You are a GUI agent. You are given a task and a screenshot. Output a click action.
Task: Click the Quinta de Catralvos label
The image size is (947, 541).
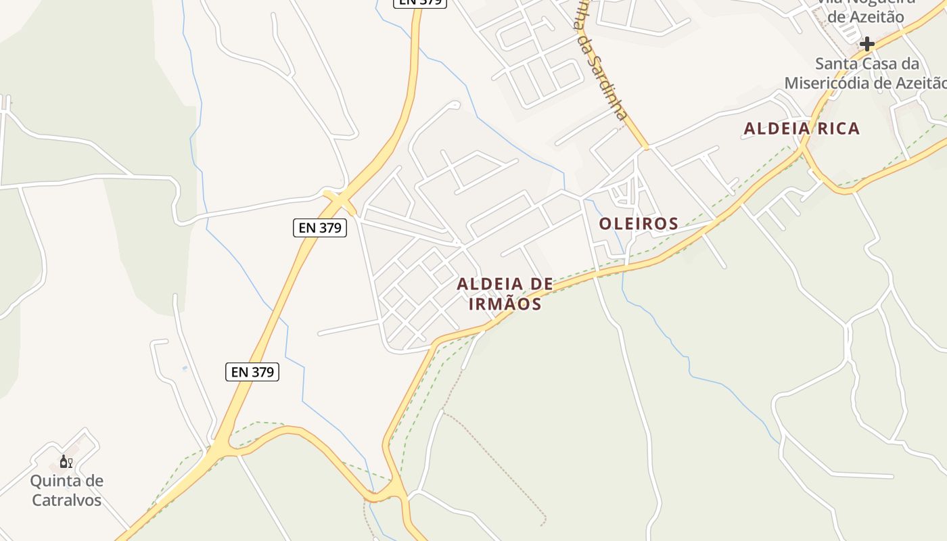pos(66,490)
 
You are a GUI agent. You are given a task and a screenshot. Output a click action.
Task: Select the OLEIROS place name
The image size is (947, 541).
pos(639,224)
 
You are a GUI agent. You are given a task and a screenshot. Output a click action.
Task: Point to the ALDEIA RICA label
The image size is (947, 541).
pos(802,128)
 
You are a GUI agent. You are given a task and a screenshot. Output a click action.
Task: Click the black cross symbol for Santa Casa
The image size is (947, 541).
pos(867,45)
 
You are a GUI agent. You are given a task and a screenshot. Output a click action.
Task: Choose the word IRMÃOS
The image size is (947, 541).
pos(505,304)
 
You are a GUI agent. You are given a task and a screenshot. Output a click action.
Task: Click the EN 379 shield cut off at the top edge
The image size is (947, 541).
pos(420,2)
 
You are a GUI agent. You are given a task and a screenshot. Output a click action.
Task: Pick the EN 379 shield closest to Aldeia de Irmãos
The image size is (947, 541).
pos(320,228)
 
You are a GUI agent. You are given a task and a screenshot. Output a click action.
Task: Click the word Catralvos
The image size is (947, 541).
pos(66,500)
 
